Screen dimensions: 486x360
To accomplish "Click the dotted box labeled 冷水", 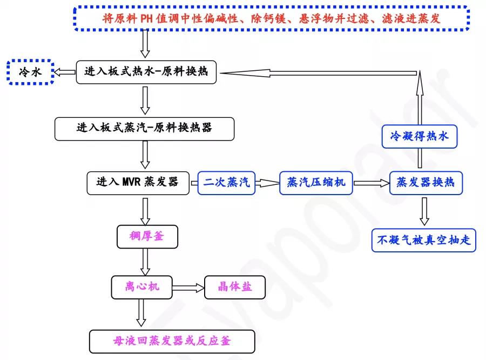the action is (x=30, y=72).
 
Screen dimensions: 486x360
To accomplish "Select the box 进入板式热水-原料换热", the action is (x=146, y=72).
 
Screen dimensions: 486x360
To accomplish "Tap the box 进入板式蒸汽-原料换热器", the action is (x=144, y=129).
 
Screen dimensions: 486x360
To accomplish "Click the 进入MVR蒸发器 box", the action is (x=138, y=183).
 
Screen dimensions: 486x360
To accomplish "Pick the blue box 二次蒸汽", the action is (x=226, y=183).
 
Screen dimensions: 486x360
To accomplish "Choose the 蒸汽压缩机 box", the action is (x=316, y=183).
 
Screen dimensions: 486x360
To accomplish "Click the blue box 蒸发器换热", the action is (x=426, y=183).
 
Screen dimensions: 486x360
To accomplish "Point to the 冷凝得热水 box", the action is (x=420, y=137).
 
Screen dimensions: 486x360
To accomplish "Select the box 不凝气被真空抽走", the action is (x=424, y=240).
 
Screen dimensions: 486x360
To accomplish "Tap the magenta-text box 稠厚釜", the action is (x=147, y=236).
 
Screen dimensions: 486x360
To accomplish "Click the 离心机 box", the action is (x=141, y=288).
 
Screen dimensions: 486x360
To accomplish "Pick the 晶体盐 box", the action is (x=235, y=288).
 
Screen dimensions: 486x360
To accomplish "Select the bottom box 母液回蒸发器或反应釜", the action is (x=172, y=342).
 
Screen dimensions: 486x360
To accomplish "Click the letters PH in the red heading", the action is (x=146, y=18).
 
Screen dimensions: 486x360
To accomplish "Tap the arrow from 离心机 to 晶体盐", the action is (x=188, y=288).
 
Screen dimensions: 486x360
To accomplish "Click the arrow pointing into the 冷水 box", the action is (x=65, y=72).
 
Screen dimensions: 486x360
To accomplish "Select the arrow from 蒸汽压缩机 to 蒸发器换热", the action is (x=371, y=183).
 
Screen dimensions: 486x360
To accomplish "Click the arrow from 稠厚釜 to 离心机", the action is (x=145, y=262).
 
